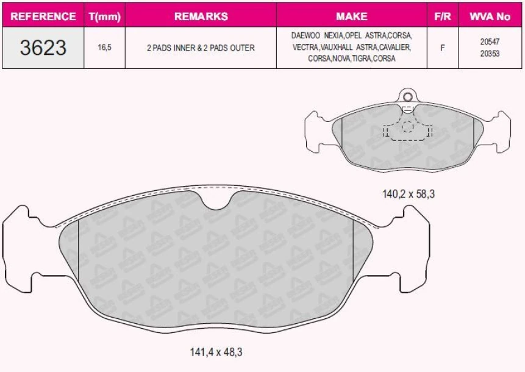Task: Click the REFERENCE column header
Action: coord(43,16)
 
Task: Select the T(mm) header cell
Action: coord(104,16)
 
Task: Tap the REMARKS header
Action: coord(201,16)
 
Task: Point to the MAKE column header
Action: coord(352,16)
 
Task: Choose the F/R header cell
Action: coord(443,16)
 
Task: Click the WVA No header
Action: coord(490,16)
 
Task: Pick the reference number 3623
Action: coord(43,48)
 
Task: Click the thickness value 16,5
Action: coord(104,48)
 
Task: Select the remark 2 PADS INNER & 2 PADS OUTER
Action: coord(201,48)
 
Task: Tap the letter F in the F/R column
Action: coord(443,48)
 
